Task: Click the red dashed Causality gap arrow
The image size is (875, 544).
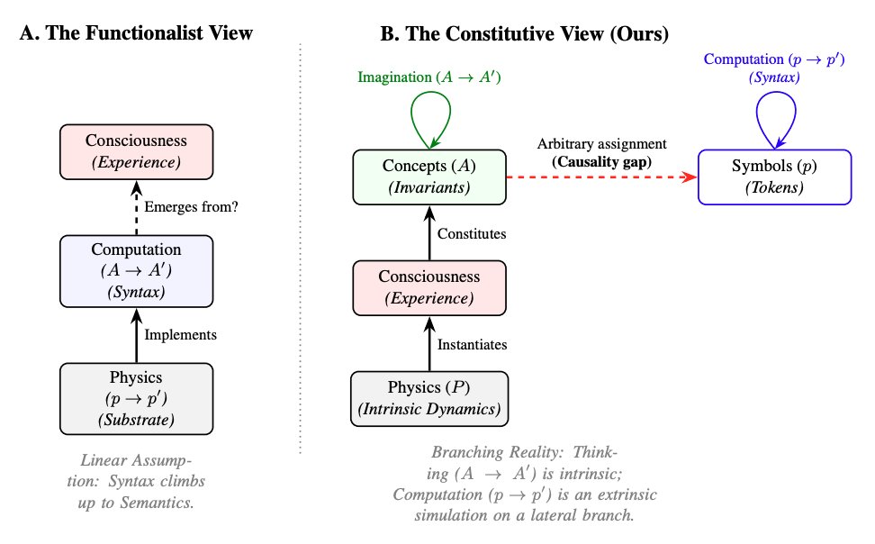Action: [x=601, y=177]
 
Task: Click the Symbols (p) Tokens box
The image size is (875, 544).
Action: [x=774, y=177]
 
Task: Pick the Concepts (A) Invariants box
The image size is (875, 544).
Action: [x=429, y=177]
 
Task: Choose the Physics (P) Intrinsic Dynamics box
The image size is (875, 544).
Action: [x=429, y=399]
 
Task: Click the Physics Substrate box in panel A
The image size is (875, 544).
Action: [x=137, y=399]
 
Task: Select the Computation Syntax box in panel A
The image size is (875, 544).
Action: [x=137, y=271]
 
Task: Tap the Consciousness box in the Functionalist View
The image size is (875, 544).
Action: [x=137, y=152]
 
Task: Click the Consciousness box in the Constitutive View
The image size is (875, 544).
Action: [x=429, y=287]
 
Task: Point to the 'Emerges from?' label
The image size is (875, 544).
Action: [x=192, y=207]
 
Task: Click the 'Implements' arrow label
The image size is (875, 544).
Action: [x=181, y=334]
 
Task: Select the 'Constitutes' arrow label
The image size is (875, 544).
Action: [x=472, y=233]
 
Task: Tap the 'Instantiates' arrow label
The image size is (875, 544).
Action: [x=472, y=345]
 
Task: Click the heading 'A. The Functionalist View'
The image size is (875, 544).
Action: [x=136, y=33]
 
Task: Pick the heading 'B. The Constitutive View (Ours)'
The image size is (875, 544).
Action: [x=525, y=34]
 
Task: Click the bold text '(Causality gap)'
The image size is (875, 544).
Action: [x=602, y=162]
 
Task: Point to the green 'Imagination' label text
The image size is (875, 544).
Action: [x=395, y=77]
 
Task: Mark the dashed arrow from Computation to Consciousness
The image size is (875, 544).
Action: [x=137, y=208]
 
